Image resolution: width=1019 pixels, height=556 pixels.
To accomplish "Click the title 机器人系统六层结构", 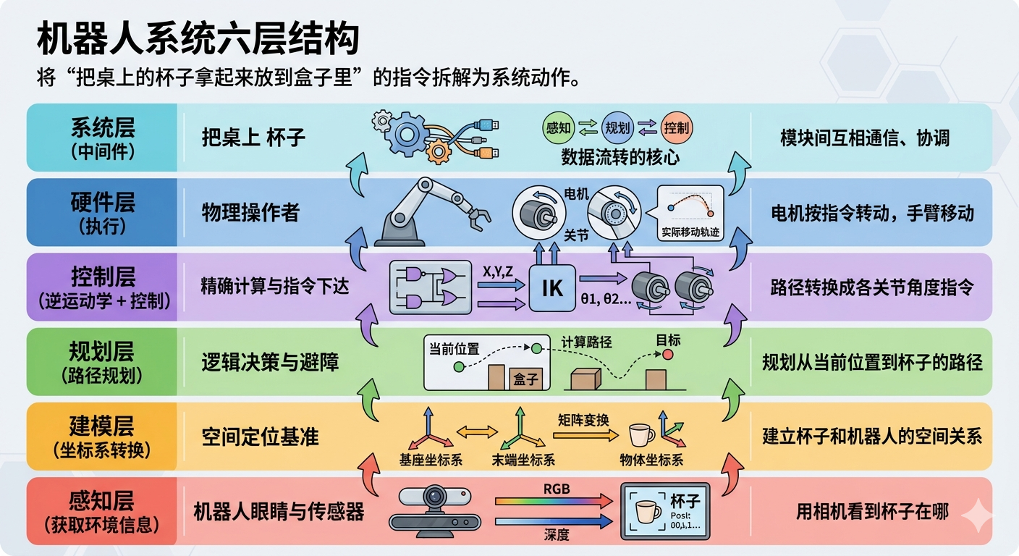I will (198, 40).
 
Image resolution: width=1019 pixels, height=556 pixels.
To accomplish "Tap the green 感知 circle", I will (558, 128).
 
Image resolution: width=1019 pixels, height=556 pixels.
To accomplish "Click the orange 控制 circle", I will (677, 128).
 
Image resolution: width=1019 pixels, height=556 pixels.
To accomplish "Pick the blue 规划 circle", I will (618, 128).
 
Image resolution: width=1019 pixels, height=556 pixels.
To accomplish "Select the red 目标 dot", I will (667, 354).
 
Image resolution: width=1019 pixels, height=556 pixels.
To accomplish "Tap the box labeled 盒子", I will (525, 378).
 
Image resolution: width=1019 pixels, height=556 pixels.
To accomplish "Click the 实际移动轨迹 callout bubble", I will (690, 213).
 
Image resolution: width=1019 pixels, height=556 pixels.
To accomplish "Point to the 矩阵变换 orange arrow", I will (584, 434).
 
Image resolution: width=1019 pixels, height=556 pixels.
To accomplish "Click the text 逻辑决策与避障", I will (270, 362).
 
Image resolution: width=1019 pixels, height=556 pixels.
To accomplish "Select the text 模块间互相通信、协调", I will (865, 138).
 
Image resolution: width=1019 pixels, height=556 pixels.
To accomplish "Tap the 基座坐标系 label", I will (431, 460).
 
